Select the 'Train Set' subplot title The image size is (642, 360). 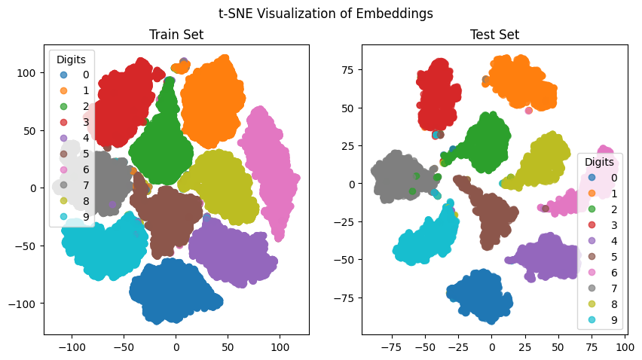click(176, 35)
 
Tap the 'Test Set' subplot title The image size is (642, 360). click(494, 35)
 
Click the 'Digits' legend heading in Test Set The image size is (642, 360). click(600, 162)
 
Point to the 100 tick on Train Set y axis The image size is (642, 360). click(28, 73)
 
